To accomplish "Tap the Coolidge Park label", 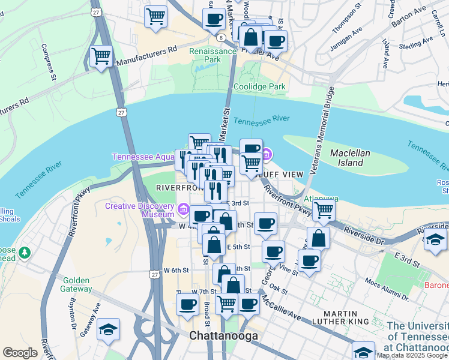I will point(259,86).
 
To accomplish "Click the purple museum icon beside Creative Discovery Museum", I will point(184,211).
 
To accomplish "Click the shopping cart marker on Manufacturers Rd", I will point(101,57).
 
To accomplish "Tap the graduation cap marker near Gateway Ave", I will point(108,329).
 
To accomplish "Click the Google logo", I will point(20,353).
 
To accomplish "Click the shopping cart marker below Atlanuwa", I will point(324,211).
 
